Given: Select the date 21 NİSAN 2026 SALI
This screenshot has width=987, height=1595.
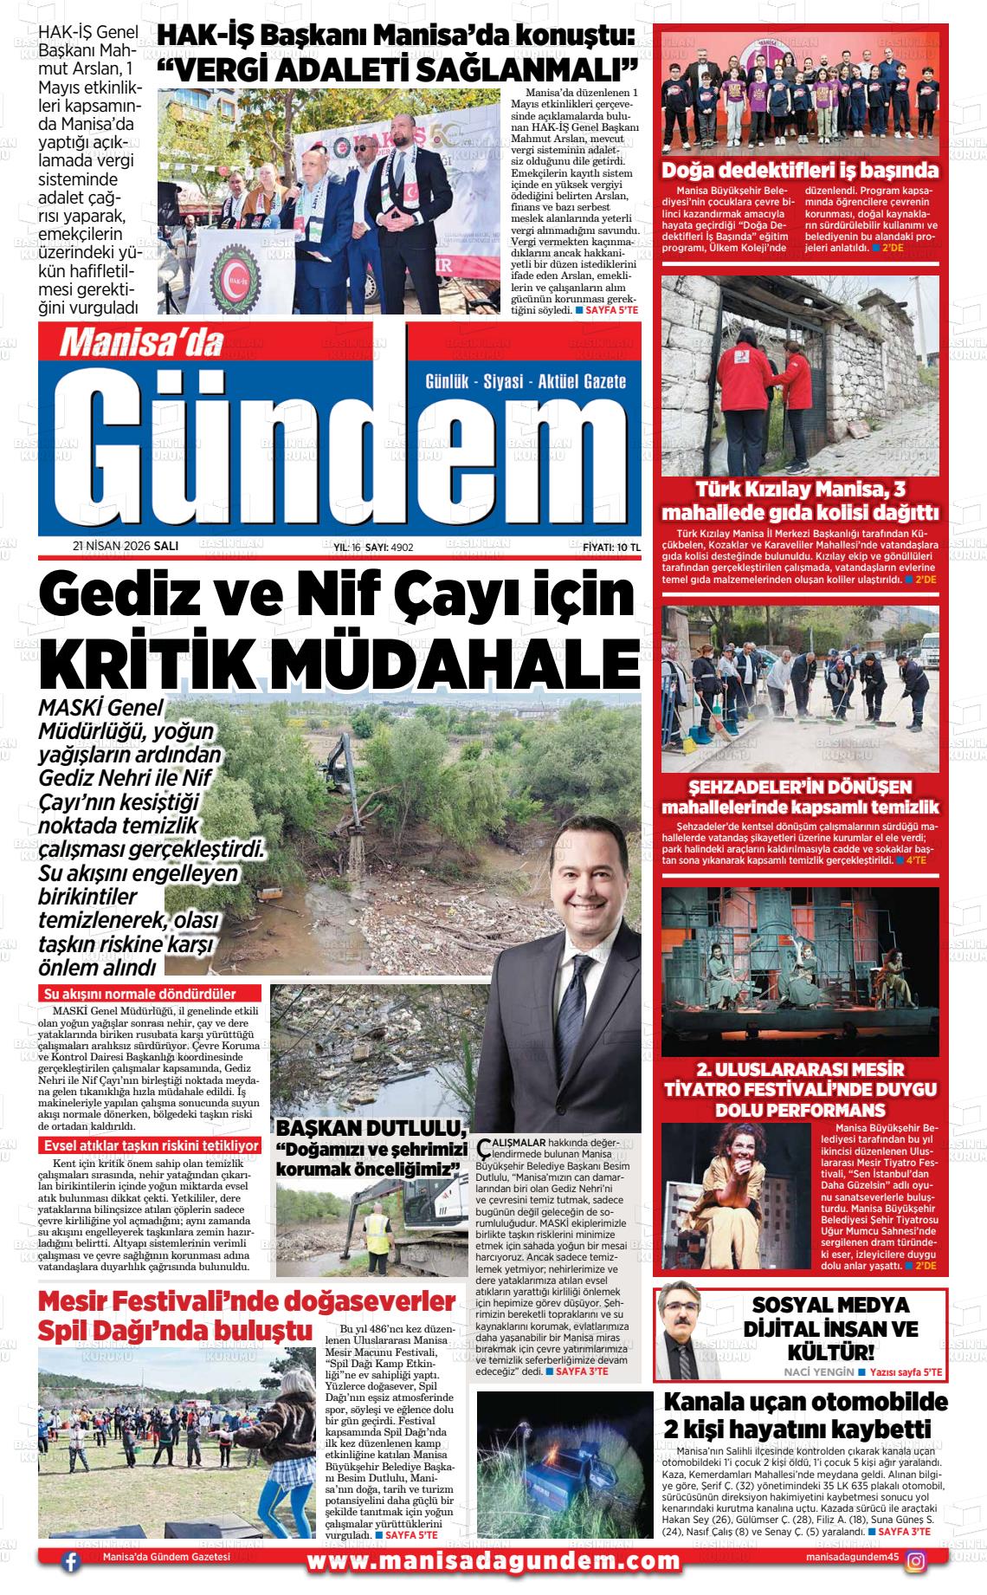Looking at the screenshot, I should pos(126,547).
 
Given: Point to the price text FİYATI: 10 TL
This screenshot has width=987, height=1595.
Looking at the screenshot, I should pos(611,547).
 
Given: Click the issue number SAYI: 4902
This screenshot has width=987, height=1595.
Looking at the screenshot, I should pos(389,548).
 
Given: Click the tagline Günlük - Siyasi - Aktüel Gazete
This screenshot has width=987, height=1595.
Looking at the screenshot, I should pos(526,381).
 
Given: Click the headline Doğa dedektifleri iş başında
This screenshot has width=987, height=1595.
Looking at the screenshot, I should pos(799,170).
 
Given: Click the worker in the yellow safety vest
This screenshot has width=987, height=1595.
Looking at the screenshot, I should pos(377,1229).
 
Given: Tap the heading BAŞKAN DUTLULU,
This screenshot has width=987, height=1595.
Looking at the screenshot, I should pos(371,1128).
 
